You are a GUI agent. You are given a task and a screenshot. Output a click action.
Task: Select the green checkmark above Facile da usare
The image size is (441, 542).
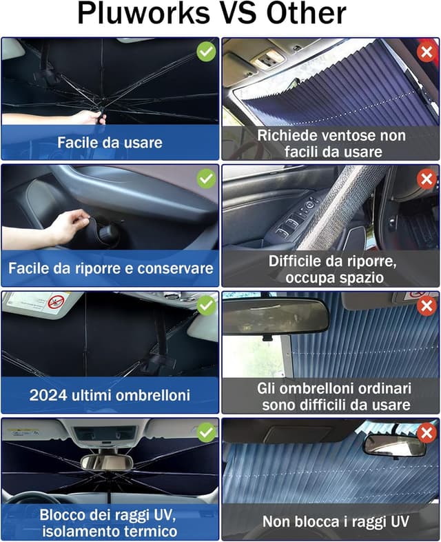pyautogui.click(x=206, y=51)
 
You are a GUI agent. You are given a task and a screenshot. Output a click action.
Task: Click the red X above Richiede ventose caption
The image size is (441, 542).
pyautogui.click(x=427, y=51)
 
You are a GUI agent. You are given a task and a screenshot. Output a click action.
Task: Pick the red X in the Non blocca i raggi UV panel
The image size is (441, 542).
pyautogui.click(x=427, y=432)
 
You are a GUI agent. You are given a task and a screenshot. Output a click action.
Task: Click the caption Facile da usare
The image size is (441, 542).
pyautogui.click(x=110, y=143)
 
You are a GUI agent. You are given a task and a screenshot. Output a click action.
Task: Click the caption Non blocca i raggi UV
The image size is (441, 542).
pyautogui.click(x=330, y=522)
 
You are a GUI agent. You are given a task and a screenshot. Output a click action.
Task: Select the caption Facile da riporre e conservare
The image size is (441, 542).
pyautogui.click(x=110, y=268)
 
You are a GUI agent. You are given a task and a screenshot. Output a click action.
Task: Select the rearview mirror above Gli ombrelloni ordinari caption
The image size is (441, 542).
pyautogui.click(x=276, y=316)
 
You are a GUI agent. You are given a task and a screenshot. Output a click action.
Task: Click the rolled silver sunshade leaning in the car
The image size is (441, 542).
pyautogui.click(x=338, y=207)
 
